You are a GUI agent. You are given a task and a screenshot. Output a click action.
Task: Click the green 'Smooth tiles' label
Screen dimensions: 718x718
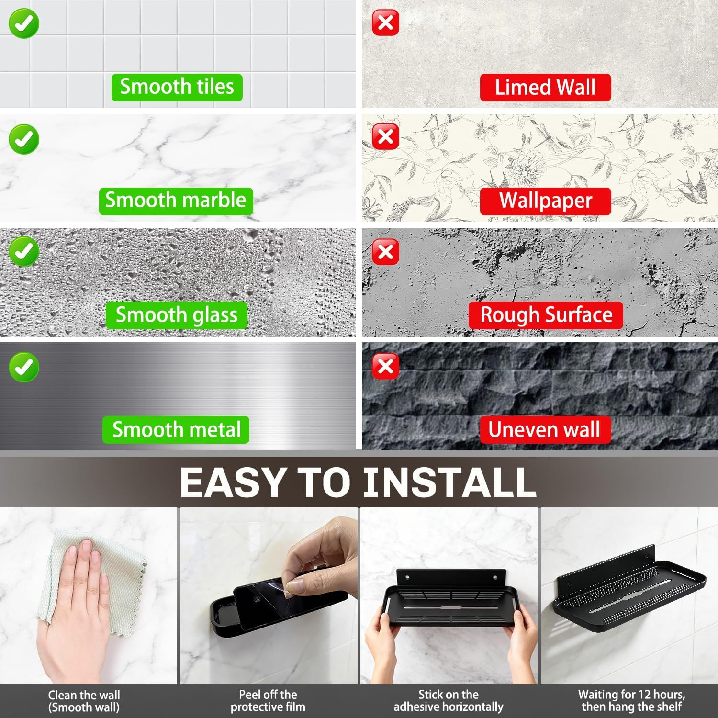tap(177, 87)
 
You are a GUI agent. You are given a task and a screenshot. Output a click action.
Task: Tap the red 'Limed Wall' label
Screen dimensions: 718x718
tap(545, 87)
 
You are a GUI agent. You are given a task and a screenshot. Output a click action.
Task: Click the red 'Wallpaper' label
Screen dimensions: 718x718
tap(545, 201)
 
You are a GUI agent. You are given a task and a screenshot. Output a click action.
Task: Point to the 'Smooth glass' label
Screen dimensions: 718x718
tap(176, 315)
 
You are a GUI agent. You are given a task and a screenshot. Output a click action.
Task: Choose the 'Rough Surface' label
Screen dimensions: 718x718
tap(546, 315)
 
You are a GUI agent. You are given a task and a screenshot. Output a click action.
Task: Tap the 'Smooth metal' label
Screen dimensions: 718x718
tap(176, 429)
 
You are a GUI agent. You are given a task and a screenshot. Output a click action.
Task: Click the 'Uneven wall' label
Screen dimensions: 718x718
tap(545, 429)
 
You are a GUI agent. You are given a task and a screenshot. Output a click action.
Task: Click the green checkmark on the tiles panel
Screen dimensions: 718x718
tap(23, 23)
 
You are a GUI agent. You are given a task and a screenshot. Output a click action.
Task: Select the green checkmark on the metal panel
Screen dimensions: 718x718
tap(23, 367)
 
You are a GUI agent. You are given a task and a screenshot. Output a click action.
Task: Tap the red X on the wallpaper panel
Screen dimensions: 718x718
tap(385, 137)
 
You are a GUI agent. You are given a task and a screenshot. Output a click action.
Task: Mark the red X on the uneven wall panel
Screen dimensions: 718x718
tap(385, 366)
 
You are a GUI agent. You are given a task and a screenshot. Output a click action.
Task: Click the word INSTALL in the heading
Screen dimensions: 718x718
tap(449, 482)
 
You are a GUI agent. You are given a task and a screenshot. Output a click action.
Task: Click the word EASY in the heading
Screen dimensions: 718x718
tap(233, 482)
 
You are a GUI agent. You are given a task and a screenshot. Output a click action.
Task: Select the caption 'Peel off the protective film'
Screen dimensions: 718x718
tap(268, 701)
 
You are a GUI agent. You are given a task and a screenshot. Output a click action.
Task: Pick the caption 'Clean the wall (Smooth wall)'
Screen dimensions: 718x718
tap(84, 701)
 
